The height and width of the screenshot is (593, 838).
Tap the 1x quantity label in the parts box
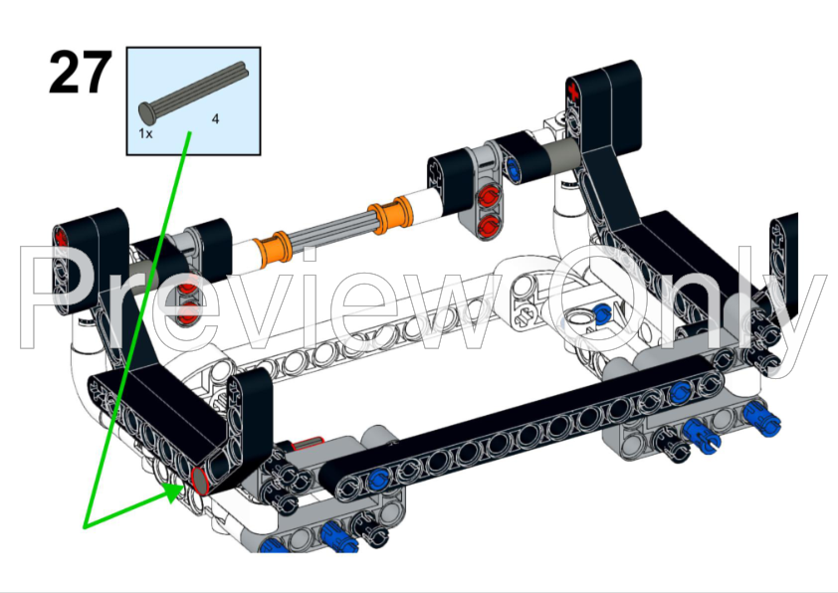pos(145,133)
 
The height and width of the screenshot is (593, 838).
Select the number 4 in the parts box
pos(215,118)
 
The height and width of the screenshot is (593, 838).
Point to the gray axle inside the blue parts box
pos(194,91)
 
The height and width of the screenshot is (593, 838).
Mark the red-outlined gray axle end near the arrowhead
pos(199,481)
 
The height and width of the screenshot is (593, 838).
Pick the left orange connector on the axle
pos(273,248)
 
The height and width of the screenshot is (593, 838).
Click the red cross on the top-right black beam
pos(573,91)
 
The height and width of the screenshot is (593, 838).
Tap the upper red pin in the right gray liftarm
pos(489,197)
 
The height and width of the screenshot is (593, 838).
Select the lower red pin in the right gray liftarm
pos(488,225)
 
